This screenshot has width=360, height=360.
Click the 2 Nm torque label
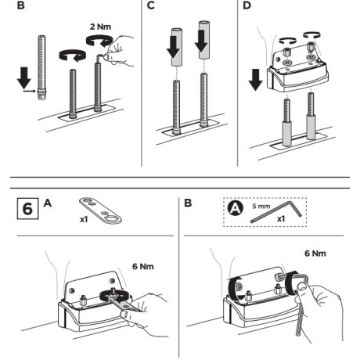pyautogui.click(x=100, y=27)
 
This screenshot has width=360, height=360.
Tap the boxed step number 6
pyautogui.click(x=27, y=209)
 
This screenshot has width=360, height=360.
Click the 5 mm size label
pyautogui.click(x=261, y=206)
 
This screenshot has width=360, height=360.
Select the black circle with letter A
pyautogui.click(x=236, y=208)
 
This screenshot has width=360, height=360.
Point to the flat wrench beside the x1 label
pyautogui.click(x=100, y=211)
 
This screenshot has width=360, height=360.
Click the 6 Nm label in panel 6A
pyautogui.click(x=143, y=266)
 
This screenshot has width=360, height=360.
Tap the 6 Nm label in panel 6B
pyautogui.click(x=315, y=254)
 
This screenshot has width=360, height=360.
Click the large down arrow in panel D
pyautogui.click(x=255, y=80)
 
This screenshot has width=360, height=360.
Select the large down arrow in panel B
pyautogui.click(x=24, y=77)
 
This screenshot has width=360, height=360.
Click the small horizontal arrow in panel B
pyautogui.click(x=29, y=91)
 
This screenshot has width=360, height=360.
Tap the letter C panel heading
pyautogui.click(x=151, y=5)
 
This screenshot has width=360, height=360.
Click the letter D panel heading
pyautogui.click(x=247, y=5)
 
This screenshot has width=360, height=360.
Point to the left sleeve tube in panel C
pyautogui.click(x=176, y=47)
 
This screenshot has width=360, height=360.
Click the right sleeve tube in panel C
pyautogui.click(x=204, y=40)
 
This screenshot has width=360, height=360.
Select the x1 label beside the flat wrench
pyautogui.click(x=84, y=220)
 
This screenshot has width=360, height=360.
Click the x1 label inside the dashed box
pyautogui.click(x=281, y=218)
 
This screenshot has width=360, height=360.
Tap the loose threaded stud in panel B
pyautogui.click(x=41, y=67)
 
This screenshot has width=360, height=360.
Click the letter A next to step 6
pyautogui.click(x=48, y=203)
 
